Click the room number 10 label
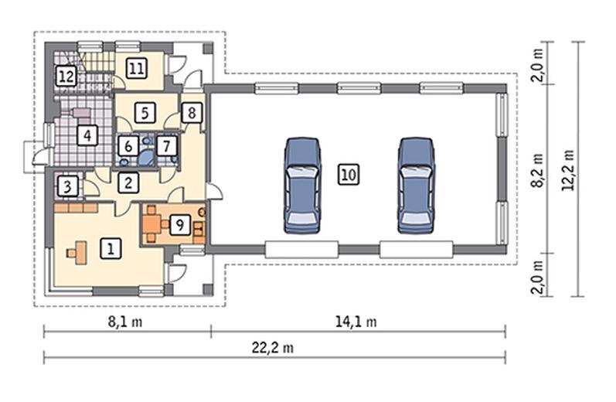click(349, 175)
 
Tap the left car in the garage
click(302, 186)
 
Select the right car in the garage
click(416, 186)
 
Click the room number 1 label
click(111, 249)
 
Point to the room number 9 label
click(180, 225)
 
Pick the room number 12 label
click(66, 76)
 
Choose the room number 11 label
click(136, 68)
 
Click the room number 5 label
click(145, 113)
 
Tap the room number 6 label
click(128, 147)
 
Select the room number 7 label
click(167, 146)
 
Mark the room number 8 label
click(192, 113)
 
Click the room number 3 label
click(67, 186)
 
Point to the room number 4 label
click(87, 135)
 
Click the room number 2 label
click(128, 182)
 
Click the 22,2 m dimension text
click(273, 348)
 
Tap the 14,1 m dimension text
click(356, 322)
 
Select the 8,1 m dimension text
click(125, 322)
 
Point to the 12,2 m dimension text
click(568, 171)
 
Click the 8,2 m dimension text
click(537, 171)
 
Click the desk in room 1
click(79, 253)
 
